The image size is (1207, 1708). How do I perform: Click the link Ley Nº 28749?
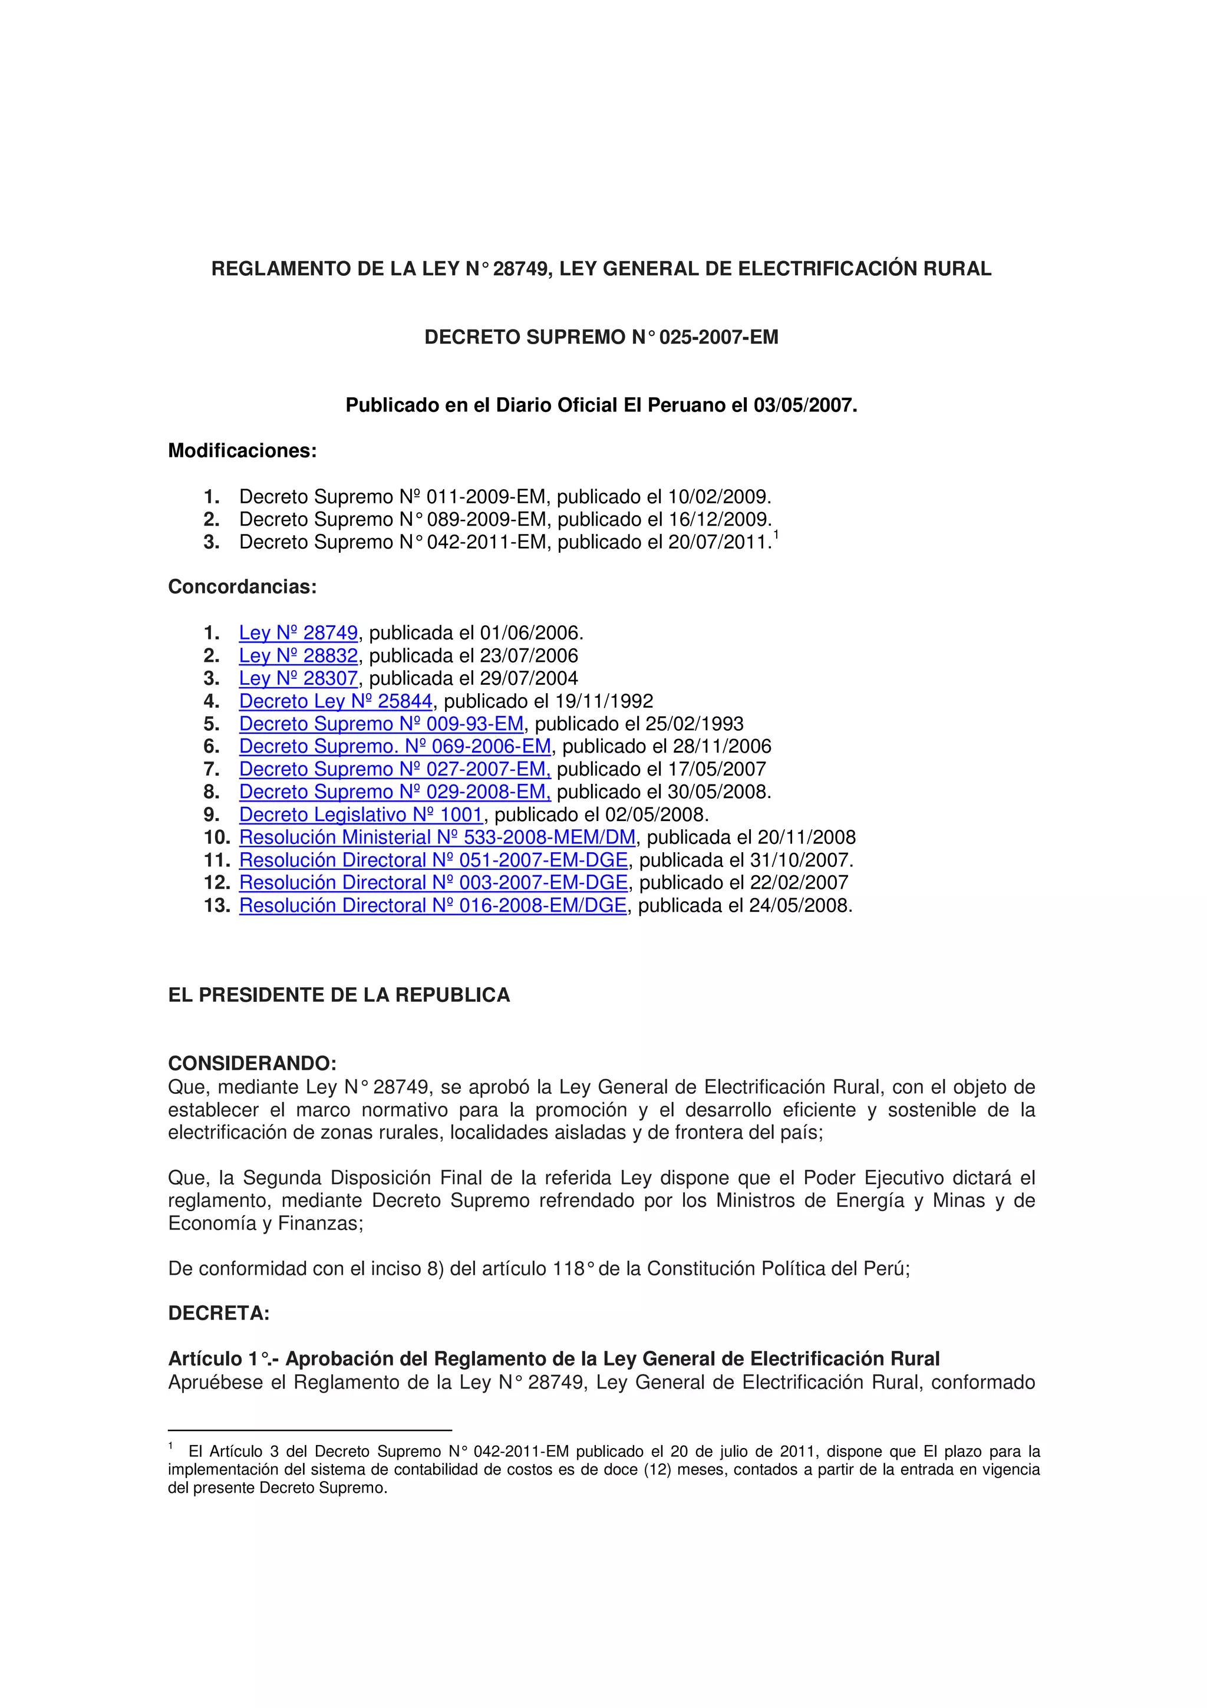tap(298, 633)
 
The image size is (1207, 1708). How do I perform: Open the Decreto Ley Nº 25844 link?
tap(335, 701)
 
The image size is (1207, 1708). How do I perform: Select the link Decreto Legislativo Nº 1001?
tap(361, 815)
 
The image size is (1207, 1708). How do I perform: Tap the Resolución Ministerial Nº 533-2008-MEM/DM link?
tap(437, 837)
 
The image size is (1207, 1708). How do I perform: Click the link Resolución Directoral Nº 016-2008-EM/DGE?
tap(433, 905)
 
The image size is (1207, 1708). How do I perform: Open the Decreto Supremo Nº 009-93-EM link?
tap(381, 724)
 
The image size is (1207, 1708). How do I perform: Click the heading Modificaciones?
tap(242, 451)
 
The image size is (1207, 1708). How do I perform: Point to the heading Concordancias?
tap(242, 587)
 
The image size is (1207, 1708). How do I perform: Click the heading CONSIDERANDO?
tap(252, 1063)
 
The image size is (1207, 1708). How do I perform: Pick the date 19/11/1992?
tap(604, 701)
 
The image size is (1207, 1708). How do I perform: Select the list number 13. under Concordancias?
tap(217, 905)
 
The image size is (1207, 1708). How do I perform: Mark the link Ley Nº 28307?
tap(298, 678)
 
